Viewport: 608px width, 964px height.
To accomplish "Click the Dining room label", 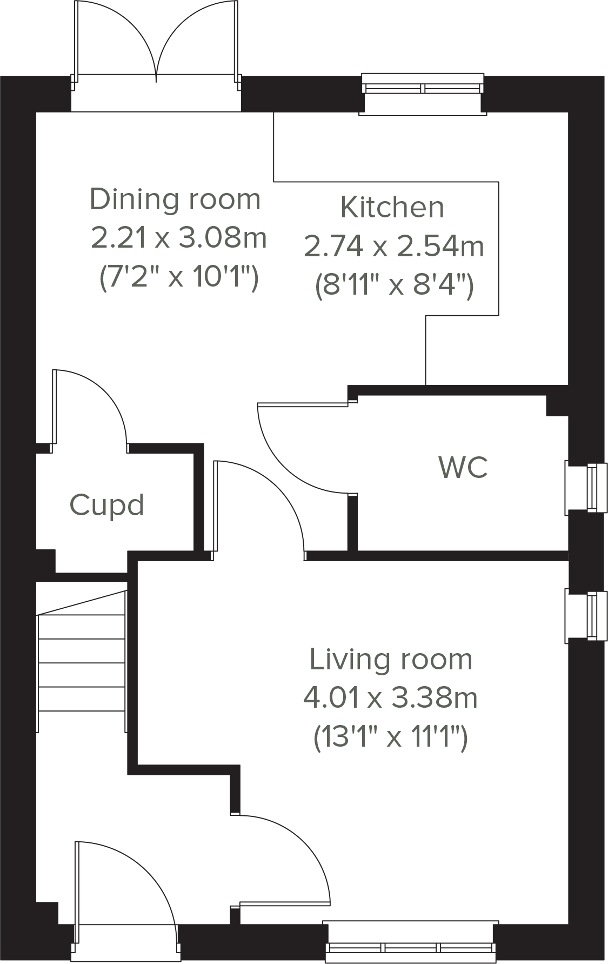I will click(175, 200).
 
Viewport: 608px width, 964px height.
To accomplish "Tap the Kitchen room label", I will click(392, 208).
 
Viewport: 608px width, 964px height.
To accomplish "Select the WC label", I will click(463, 467).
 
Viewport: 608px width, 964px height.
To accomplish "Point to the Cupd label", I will click(106, 506).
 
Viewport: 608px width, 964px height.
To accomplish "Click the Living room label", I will click(391, 660).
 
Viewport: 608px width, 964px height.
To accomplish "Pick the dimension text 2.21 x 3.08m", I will click(178, 238).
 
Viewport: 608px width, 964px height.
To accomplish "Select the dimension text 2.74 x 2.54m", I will click(393, 247).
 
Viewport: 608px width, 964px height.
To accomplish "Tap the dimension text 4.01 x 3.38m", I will click(390, 698).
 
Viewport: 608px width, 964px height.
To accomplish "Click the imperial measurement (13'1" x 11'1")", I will click(390, 736).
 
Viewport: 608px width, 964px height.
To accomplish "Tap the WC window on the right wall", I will click(586, 487).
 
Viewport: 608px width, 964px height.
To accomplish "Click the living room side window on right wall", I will click(586, 615).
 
